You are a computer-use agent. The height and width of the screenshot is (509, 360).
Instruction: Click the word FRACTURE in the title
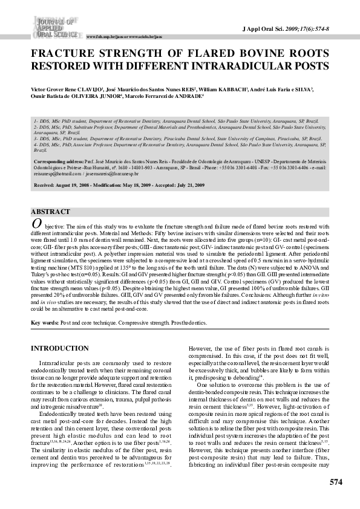62,53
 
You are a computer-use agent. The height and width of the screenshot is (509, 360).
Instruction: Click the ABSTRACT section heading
51,212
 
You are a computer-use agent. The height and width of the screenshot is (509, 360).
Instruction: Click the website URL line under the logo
125,37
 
